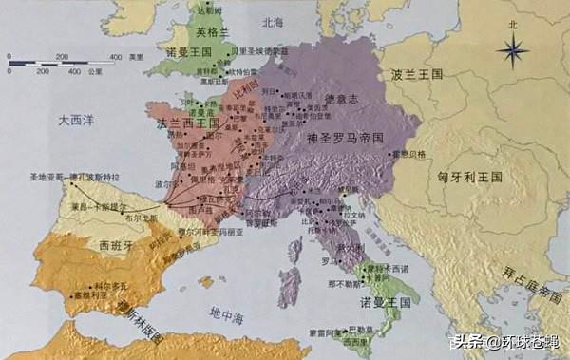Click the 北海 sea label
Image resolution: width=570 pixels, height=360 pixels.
(273, 20)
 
